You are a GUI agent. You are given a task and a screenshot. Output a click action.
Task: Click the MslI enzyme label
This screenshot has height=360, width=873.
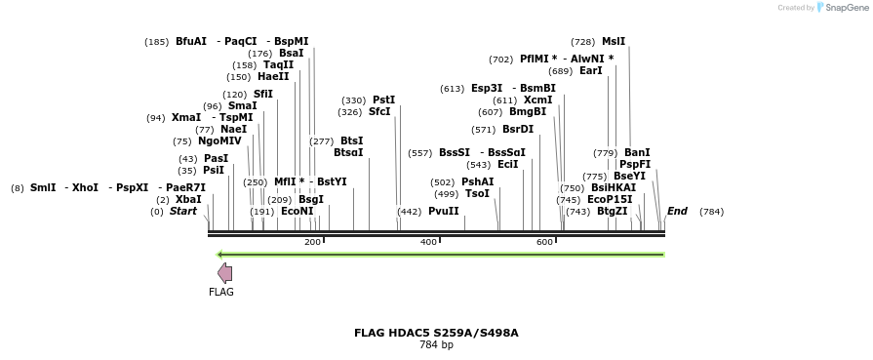(614, 42)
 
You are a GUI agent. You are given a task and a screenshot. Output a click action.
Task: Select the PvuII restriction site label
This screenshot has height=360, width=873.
(443, 211)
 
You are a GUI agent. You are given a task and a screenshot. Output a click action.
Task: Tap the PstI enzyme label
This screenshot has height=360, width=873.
(384, 100)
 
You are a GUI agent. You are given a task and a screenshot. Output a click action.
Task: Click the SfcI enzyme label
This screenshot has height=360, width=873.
(379, 112)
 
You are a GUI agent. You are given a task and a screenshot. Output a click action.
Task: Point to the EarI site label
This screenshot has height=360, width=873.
(590, 71)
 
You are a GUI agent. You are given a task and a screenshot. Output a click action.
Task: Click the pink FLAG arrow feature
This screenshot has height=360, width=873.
(223, 273)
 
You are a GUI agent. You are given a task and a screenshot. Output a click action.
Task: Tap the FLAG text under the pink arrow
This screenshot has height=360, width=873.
(221, 292)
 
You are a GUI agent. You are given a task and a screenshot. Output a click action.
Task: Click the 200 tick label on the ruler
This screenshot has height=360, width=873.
(312, 242)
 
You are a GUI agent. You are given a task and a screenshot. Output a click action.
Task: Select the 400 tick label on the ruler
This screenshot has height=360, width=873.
(428, 242)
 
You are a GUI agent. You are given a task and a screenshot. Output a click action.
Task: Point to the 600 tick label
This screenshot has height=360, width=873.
(544, 242)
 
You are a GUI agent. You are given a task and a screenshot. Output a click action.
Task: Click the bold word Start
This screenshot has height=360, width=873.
(183, 211)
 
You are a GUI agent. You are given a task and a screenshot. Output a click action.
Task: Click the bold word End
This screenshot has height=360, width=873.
(677, 211)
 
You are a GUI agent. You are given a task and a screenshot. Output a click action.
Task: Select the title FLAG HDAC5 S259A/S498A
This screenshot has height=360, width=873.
(436, 333)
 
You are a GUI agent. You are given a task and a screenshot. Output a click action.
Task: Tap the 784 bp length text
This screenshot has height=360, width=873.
(436, 344)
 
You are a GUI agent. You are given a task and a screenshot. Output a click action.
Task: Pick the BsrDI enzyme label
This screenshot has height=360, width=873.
(518, 129)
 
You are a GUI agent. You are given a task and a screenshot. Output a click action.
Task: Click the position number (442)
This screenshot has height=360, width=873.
(410, 212)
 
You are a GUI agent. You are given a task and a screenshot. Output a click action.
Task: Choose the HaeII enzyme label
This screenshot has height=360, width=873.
(273, 76)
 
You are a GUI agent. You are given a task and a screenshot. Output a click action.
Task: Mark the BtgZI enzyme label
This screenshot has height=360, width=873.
(613, 211)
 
